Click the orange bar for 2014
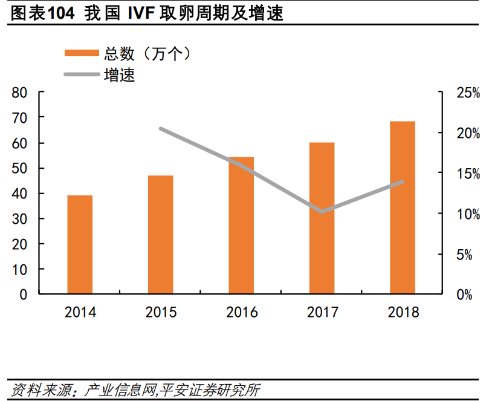point(80,245)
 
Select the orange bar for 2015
point(160,235)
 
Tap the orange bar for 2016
point(241,226)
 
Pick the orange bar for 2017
point(322,218)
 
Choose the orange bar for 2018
point(403,207)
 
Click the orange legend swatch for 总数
point(82,53)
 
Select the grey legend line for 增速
point(82,75)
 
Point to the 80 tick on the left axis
point(19,93)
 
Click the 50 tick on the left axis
point(19,168)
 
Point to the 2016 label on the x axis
point(242,313)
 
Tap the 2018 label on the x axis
point(403,313)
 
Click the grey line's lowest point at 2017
point(322,212)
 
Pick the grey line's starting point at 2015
point(161,129)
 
